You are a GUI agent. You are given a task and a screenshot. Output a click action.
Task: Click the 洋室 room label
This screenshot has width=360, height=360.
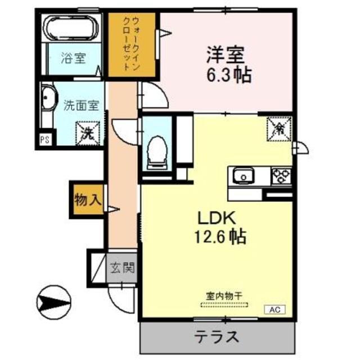coord(225,55)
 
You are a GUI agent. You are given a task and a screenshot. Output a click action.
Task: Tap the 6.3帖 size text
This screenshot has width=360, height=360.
coord(229,75)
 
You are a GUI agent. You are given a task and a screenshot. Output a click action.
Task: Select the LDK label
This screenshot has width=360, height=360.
coord(217,218)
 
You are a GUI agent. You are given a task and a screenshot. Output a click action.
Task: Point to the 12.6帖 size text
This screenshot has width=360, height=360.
coord(220,236)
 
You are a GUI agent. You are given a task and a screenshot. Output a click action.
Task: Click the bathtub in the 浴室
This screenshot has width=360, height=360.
coord(71,28)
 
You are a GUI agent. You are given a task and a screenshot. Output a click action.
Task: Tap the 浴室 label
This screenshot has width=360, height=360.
coord(74,58)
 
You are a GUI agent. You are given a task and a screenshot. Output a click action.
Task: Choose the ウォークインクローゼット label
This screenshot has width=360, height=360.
coord(131,44)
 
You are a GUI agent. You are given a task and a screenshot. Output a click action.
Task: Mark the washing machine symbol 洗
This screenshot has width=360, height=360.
coord(88,134)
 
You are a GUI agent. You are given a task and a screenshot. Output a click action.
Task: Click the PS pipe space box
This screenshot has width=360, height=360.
coord(45,140)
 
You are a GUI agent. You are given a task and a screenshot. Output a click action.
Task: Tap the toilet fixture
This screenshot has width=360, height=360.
coord(157,152)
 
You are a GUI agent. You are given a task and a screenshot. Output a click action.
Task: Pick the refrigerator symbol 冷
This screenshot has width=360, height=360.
coord(279,129)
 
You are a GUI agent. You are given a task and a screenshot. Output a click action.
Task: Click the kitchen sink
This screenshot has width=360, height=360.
coord(244,176)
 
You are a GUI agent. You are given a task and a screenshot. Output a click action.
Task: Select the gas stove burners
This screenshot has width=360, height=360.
coord(281,176)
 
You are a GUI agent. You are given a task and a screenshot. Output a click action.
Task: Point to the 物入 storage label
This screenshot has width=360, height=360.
coord(88,200)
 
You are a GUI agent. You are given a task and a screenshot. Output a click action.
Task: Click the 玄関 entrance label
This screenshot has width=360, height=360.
coord(122,268)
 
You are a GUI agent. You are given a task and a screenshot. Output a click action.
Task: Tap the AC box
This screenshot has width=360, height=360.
coord(275,310)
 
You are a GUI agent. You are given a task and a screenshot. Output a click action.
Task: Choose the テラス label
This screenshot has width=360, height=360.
coord(217,337)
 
